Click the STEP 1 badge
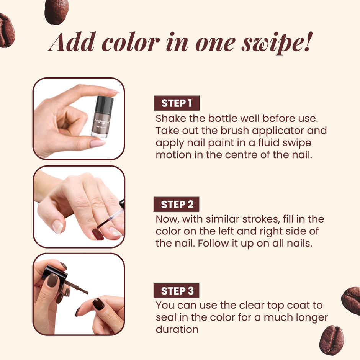tap(176, 103)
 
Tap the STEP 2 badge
tap(176, 204)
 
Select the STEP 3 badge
tap(176, 291)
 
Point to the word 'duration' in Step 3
tap(177, 329)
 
